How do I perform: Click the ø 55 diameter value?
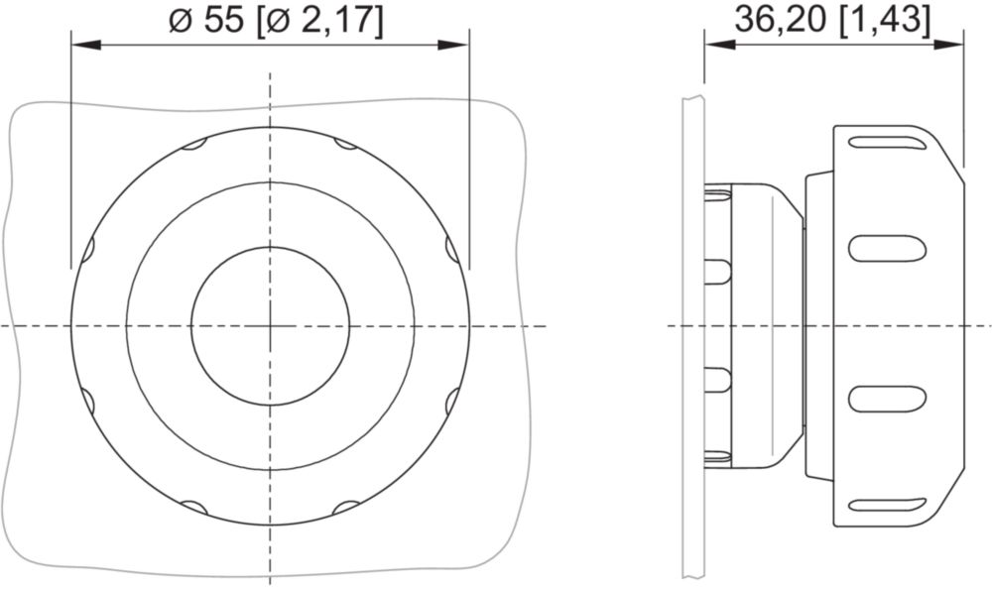206,21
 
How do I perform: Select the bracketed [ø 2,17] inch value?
320,22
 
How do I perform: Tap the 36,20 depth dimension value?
780,21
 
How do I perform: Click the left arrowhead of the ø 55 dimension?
86,45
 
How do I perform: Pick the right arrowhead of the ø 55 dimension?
454,45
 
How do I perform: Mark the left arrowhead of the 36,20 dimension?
720,45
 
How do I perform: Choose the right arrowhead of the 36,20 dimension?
948,45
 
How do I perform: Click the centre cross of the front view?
270,326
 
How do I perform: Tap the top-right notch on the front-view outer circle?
346,144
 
